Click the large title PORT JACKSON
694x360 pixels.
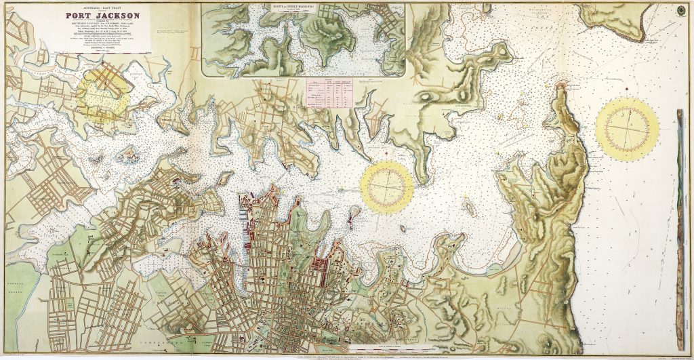pos(103,16)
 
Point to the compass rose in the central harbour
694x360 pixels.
pos(386,186)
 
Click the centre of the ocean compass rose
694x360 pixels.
pos(627,129)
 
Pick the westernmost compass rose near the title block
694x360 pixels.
pos(103,94)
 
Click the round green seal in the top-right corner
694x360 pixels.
pos(680,12)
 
